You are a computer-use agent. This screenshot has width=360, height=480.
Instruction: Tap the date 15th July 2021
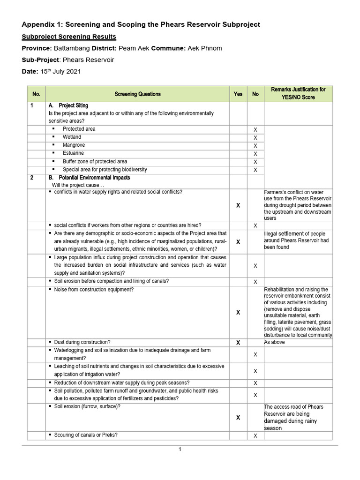60,72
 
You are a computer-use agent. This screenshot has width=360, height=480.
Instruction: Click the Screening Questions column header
137,94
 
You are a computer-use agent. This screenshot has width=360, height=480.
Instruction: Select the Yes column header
238,94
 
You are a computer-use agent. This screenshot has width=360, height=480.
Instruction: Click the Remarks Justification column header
298,93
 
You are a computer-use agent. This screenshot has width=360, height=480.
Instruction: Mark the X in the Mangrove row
255,146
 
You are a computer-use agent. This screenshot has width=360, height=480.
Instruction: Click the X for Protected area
255,130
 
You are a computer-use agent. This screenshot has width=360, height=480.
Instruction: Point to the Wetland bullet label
72,137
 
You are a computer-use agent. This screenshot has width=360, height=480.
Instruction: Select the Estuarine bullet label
73,153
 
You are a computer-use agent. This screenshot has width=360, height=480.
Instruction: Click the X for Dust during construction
238,343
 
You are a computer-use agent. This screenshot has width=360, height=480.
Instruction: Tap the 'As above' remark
275,343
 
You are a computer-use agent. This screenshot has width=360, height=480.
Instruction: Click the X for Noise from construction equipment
238,312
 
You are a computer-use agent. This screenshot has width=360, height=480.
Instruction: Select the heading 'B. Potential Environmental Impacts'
90,178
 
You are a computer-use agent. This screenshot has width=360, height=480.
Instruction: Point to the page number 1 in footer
180,450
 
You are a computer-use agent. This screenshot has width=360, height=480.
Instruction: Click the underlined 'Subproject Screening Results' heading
69,37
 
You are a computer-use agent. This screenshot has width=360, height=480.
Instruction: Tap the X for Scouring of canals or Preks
255,436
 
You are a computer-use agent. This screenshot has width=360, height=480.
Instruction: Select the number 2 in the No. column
32,178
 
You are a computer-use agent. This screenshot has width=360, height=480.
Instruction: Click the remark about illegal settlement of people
297,240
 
